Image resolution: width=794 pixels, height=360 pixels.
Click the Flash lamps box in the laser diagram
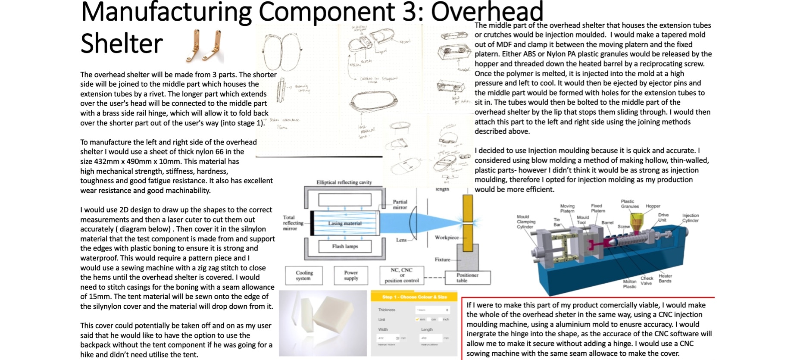coord(345,247)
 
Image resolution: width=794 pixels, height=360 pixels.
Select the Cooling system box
coord(304,275)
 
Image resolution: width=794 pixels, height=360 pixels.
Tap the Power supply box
coord(351,275)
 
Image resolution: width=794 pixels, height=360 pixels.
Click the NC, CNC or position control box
coord(402,275)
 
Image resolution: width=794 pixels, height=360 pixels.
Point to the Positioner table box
coord(467,278)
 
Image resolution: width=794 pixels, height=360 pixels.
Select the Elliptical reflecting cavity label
coord(344,182)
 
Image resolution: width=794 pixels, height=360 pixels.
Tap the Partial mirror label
coord(400,204)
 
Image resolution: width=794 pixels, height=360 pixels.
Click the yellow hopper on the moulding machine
coord(636,220)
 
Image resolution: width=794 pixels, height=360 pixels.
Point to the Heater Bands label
coord(665,279)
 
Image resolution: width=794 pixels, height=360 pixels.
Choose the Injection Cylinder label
coord(690,218)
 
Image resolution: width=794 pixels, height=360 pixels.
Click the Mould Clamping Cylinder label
coord(526,222)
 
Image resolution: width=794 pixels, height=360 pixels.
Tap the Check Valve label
coord(647,281)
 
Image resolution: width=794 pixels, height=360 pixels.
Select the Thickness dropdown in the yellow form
coord(433,310)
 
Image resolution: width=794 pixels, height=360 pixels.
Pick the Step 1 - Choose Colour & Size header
coord(414,297)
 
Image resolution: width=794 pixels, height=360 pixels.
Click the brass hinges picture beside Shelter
coord(205,46)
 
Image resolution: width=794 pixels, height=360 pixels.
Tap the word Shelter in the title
coord(122,44)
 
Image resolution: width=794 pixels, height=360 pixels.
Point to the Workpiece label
coord(447,238)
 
